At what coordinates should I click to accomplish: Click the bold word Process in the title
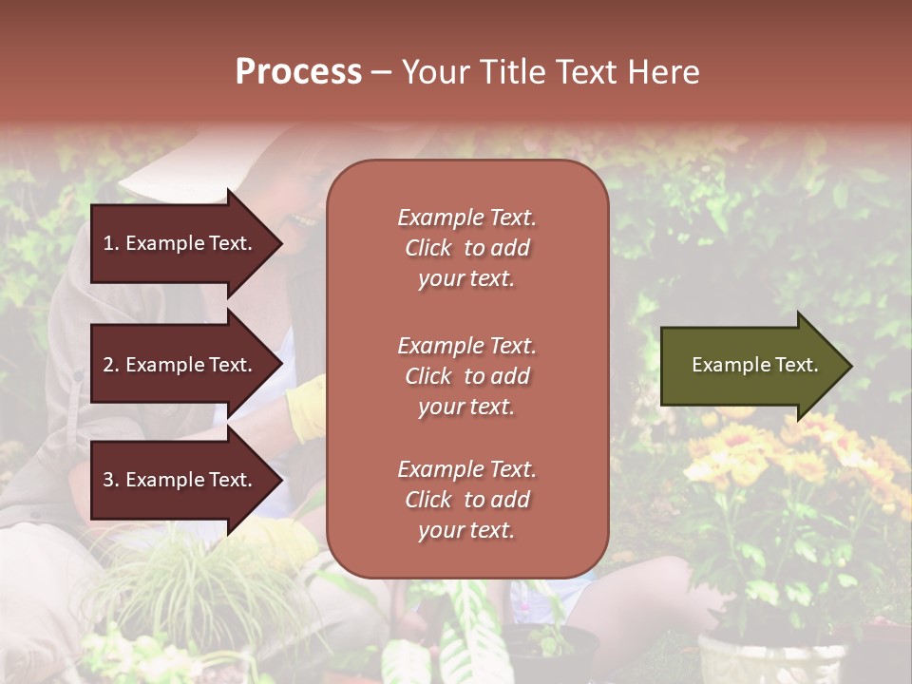click(298, 72)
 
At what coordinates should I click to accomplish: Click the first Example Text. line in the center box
click(466, 218)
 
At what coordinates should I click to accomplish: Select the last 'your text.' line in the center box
click(466, 530)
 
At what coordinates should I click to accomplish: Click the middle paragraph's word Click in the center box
click(428, 376)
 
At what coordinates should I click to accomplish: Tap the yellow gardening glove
click(307, 409)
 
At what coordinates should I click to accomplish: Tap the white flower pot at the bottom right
click(769, 660)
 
